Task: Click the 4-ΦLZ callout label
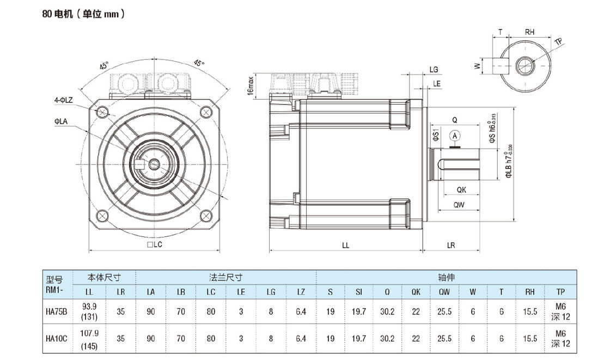pos(63,100)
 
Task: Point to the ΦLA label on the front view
pos(60,121)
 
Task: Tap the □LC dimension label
pos(155,245)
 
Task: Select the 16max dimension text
pos(251,86)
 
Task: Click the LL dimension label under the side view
pos(345,245)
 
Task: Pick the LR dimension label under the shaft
pos(451,245)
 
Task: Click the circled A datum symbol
pos(454,135)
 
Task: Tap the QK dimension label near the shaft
pos(461,190)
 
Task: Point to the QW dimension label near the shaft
pos(459,205)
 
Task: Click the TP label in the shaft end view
pos(558,42)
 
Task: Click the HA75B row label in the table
pos(56,312)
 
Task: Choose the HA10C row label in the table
pos(56,338)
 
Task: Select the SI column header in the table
pos(358,292)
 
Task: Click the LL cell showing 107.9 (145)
pos(89,338)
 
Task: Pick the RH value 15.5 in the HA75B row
pos(530,312)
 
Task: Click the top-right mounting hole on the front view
pos(205,112)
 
